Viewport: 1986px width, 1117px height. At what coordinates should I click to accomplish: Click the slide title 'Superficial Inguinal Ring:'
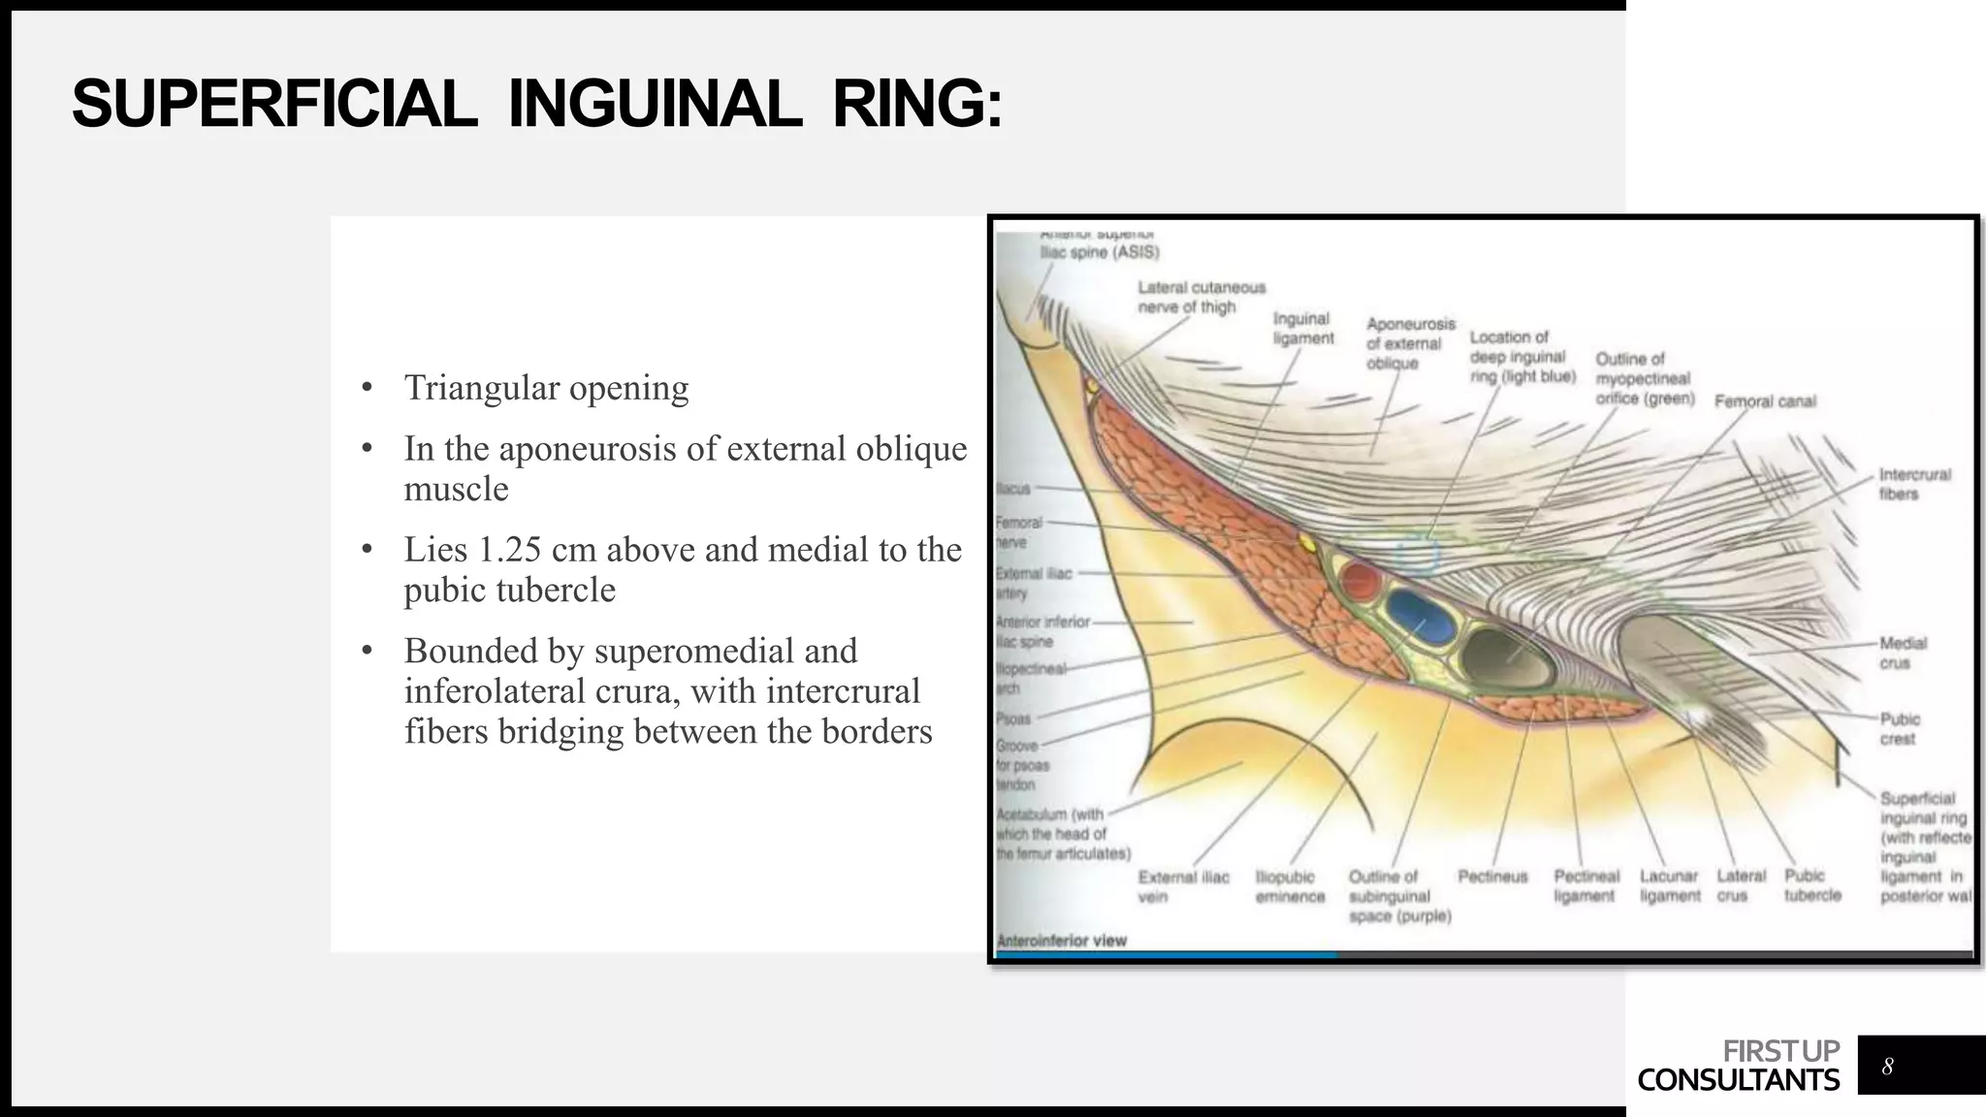point(536,105)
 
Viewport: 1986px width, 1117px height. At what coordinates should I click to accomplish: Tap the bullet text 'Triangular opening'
point(546,388)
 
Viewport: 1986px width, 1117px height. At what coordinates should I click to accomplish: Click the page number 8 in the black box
point(1887,1067)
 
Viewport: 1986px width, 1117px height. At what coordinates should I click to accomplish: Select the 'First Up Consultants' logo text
point(1738,1066)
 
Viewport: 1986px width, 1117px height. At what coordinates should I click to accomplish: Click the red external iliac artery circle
point(1360,583)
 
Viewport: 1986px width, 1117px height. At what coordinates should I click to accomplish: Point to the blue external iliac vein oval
point(1421,616)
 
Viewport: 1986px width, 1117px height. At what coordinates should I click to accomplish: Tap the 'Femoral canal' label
point(1764,401)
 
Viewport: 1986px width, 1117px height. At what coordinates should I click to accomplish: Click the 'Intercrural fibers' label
point(1913,484)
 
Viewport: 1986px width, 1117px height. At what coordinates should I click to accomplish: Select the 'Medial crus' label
point(1903,653)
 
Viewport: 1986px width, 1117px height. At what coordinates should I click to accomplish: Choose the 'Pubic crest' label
point(1899,729)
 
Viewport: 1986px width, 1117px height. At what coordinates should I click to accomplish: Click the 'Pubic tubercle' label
point(1811,885)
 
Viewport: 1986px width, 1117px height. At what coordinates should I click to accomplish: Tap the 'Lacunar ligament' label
point(1669,886)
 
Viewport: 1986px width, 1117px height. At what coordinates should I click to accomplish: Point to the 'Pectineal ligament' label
point(1586,886)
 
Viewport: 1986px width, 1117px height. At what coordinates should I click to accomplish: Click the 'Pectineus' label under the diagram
point(1492,877)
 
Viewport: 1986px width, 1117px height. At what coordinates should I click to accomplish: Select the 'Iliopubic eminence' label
point(1289,886)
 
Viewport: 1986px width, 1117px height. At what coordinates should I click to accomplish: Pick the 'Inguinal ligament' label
point(1302,328)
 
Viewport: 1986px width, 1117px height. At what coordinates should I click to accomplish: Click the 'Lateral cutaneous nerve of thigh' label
point(1201,297)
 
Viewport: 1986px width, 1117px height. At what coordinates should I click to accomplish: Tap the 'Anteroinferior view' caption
point(1062,940)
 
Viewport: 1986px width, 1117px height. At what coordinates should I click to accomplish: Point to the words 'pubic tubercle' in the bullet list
point(509,590)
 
